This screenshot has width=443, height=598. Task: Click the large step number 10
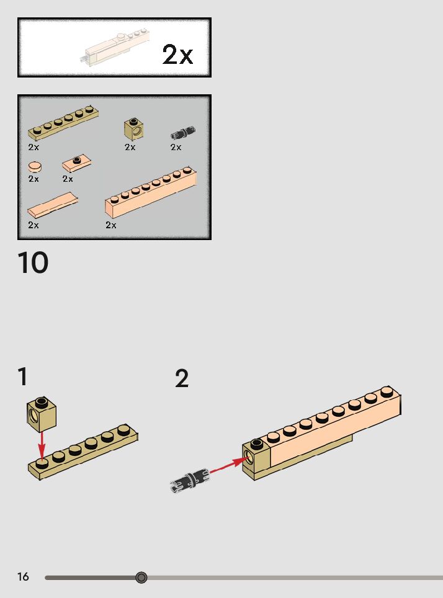click(x=33, y=262)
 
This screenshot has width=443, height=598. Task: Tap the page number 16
click(x=23, y=576)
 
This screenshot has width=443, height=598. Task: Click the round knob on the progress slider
click(x=141, y=578)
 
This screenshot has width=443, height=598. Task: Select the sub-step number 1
click(x=23, y=377)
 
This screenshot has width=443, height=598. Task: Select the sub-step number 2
click(x=182, y=378)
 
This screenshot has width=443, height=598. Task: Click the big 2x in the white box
click(x=177, y=54)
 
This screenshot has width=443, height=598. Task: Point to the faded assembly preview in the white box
click(x=114, y=47)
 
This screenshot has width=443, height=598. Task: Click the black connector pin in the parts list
click(x=183, y=132)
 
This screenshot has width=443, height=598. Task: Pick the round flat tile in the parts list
click(x=35, y=167)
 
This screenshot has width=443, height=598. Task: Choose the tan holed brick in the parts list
click(x=134, y=129)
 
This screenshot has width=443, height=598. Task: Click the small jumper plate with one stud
click(x=77, y=163)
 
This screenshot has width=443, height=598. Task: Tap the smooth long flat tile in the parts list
click(x=53, y=205)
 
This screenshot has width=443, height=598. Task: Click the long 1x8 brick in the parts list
click(x=151, y=192)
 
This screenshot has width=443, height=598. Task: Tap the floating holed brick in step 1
click(x=42, y=414)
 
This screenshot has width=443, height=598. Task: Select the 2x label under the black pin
click(x=176, y=147)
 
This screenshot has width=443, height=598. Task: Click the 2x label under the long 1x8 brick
click(x=111, y=225)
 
